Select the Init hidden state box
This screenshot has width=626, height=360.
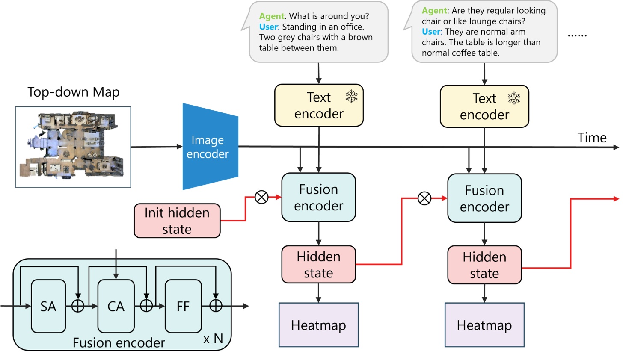(x=177, y=221)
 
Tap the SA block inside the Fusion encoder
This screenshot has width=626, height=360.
(x=48, y=306)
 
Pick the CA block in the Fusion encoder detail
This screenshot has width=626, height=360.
(x=116, y=306)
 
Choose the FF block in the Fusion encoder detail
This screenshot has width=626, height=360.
(x=183, y=306)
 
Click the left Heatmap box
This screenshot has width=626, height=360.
(x=318, y=325)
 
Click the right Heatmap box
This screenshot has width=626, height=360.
(x=484, y=325)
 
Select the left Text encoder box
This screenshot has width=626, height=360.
(x=318, y=106)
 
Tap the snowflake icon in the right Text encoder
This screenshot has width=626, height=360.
(x=514, y=98)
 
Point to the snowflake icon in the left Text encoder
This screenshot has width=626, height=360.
(x=351, y=97)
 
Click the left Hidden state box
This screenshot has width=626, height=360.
(x=318, y=264)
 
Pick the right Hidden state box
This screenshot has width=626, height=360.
(x=484, y=265)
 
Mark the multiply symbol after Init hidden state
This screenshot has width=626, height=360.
(x=261, y=197)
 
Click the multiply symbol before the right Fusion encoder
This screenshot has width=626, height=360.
(x=424, y=198)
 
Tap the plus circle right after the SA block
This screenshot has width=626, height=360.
(x=78, y=306)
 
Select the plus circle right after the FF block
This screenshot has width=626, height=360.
(x=216, y=306)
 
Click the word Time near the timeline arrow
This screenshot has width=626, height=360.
(x=592, y=138)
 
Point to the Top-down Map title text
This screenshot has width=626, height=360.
(x=73, y=92)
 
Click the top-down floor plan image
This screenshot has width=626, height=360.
(x=73, y=147)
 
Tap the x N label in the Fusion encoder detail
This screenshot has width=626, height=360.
(x=213, y=339)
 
